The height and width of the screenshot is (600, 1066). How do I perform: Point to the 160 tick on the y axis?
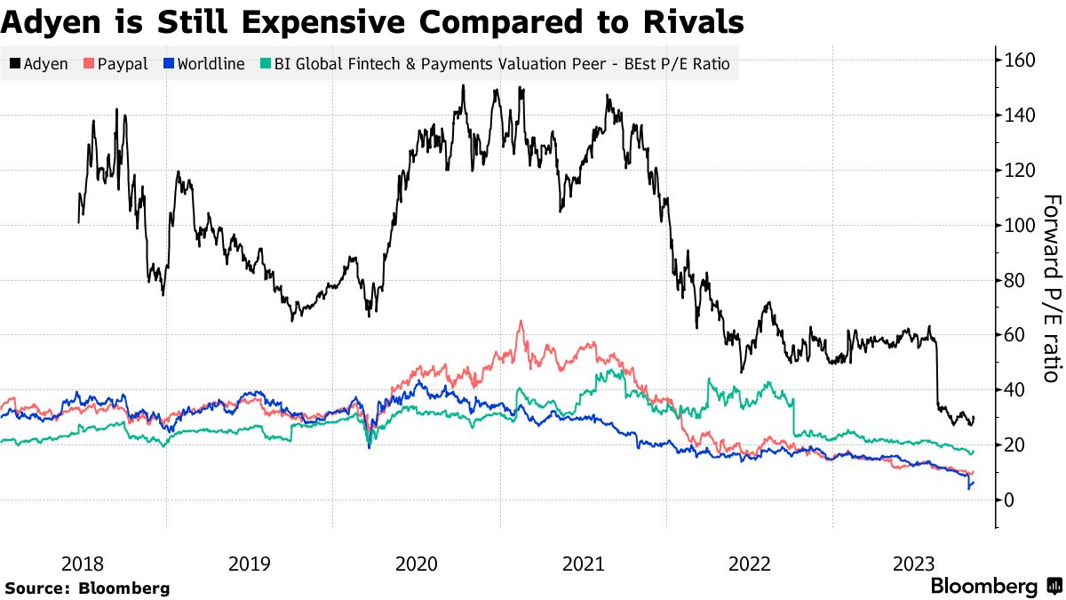(1022, 60)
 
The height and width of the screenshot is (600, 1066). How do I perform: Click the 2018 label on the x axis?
(84, 563)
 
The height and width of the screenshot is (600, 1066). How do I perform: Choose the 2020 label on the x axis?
(416, 563)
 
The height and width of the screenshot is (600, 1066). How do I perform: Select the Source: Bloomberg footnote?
(87, 588)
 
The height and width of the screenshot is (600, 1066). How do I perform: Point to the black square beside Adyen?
(15, 65)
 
